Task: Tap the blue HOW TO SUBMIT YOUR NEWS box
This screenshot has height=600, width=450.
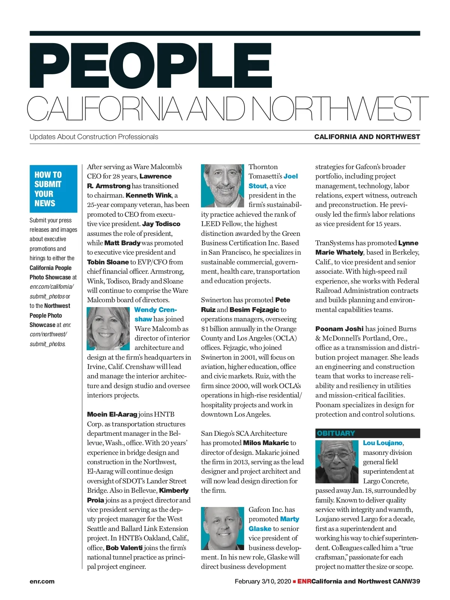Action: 53,189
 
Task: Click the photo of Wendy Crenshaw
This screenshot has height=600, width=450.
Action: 108,328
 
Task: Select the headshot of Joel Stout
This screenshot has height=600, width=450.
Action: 222,186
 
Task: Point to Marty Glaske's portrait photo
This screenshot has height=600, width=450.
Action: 222,528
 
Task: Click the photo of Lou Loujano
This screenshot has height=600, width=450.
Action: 337,462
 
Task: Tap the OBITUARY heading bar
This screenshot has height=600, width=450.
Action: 367,433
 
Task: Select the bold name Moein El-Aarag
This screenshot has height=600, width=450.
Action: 112,414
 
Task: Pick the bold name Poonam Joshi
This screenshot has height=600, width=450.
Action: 339,329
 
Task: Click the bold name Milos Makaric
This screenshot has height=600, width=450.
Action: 266,443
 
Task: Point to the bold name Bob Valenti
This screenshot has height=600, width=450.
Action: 124,548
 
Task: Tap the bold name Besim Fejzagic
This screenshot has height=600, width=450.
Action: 254,310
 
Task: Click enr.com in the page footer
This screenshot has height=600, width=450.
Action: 42,582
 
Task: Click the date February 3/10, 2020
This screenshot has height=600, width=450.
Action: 262,582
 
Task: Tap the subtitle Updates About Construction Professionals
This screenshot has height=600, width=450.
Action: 94,137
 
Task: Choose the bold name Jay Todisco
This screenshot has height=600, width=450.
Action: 161,224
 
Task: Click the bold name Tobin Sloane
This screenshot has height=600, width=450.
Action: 108,262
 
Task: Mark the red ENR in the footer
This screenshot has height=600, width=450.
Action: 304,582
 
